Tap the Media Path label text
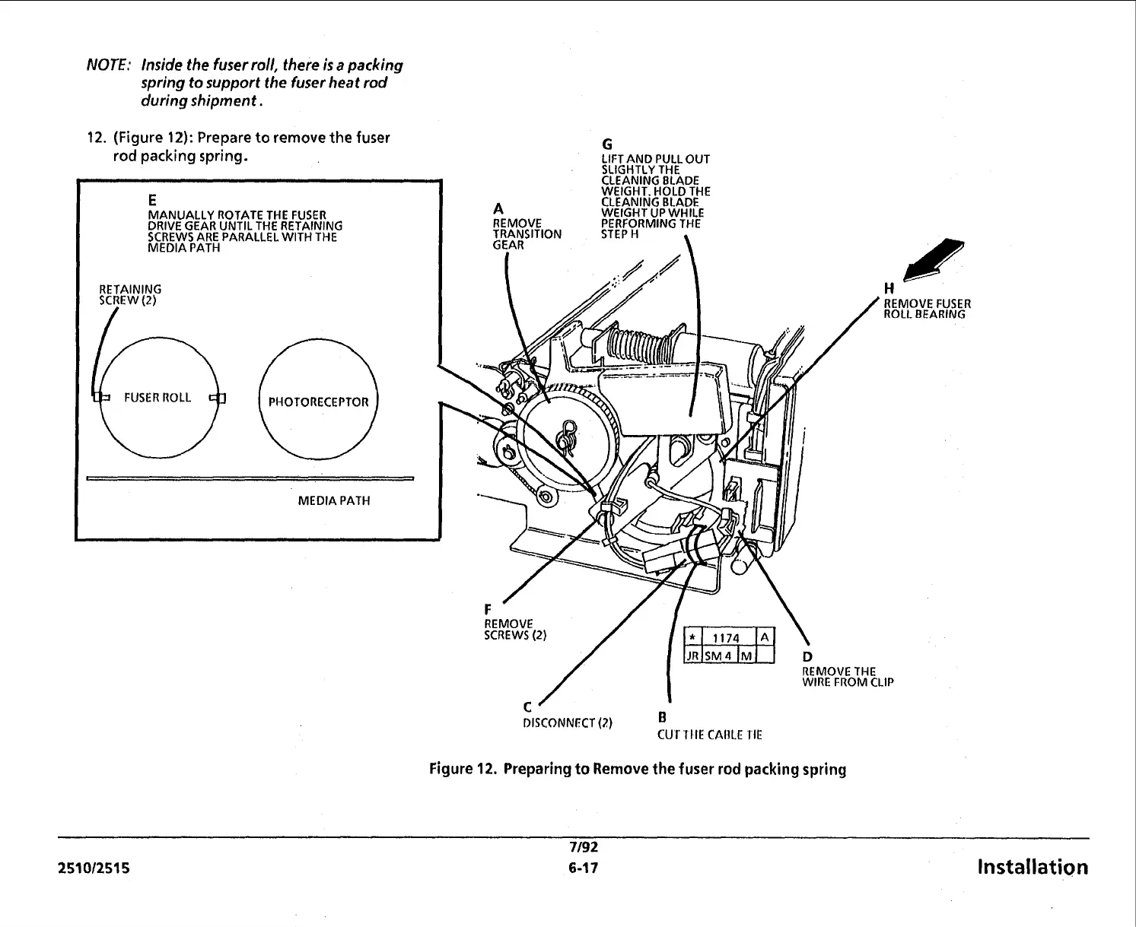[334, 501]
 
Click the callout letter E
[152, 200]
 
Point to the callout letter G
[607, 144]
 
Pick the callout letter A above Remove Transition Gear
[498, 209]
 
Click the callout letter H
[888, 288]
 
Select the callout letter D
[807, 657]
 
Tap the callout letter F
[488, 609]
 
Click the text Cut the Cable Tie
[709, 735]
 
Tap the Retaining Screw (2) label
[130, 294]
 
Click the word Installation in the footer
[1032, 868]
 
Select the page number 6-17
[583, 868]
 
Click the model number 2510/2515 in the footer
[94, 868]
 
